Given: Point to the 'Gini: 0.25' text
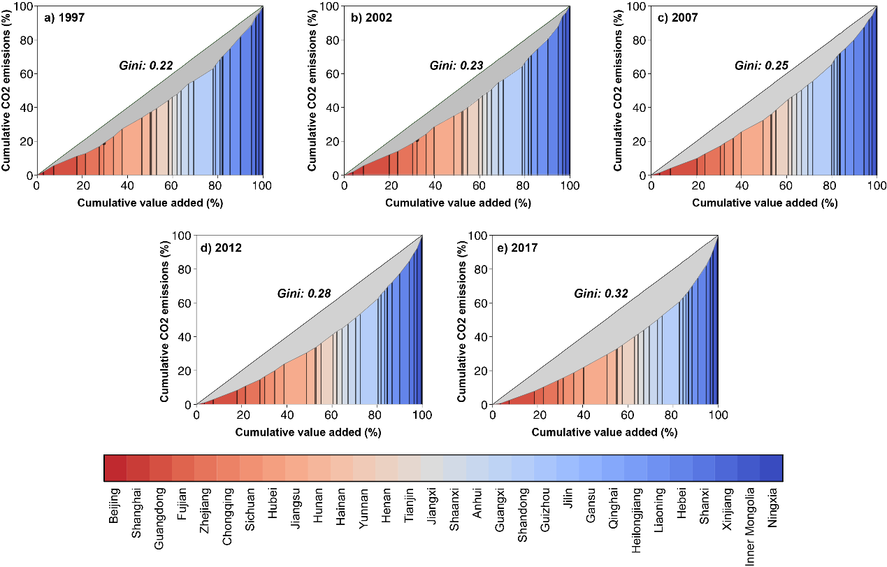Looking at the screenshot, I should (761, 66).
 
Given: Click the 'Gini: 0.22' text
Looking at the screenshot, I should (145, 66).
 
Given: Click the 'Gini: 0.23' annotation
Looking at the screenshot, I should (456, 66).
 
